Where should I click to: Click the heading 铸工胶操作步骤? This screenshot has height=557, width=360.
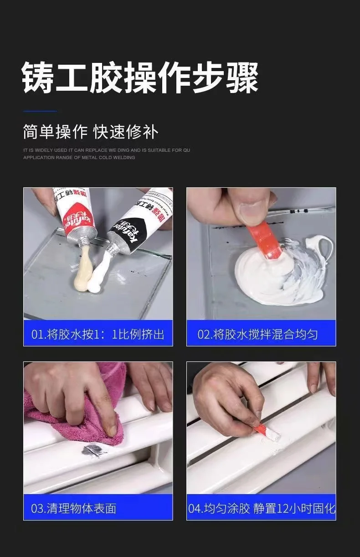tap(140, 77)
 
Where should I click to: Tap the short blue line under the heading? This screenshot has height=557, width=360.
tap(40, 111)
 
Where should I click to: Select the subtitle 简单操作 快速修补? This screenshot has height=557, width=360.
tap(91, 132)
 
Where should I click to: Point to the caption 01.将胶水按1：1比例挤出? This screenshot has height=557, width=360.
tap(98, 334)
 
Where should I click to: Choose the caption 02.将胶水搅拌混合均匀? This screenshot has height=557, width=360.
tap(257, 334)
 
